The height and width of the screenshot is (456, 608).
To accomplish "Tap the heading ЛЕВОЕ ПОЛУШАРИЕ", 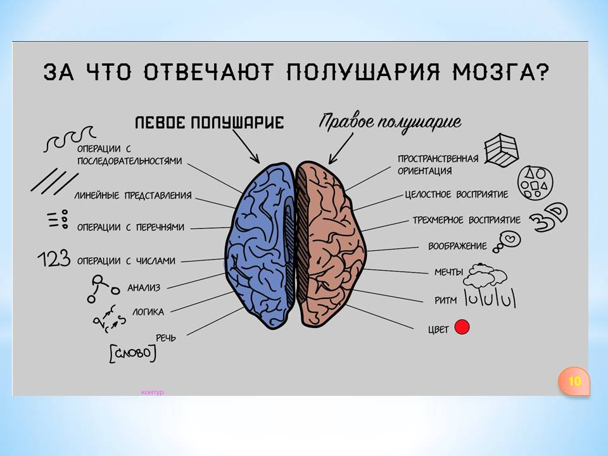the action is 210,122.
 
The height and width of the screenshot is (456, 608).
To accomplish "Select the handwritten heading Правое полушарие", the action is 390,123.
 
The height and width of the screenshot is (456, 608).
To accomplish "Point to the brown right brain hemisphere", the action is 329,244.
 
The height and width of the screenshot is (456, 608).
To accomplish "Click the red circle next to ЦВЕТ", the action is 462,327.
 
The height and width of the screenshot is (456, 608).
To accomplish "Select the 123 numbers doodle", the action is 54,258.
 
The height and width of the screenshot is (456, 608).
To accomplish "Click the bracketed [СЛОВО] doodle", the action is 132,353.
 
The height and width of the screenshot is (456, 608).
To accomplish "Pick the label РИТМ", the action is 445,300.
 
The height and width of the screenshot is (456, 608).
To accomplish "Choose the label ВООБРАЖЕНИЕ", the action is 457,246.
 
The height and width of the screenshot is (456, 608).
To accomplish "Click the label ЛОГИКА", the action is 148,312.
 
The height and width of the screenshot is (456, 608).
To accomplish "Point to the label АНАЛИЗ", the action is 144,288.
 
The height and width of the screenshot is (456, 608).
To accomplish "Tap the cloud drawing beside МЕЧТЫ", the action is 485,275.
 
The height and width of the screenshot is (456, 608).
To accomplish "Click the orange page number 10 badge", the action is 574,381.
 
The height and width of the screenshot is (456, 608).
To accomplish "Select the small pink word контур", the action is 153,393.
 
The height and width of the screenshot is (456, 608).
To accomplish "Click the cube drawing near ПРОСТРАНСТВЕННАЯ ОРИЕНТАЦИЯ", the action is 502,150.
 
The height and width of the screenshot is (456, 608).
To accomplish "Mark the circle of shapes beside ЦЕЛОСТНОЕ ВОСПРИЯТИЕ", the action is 535,182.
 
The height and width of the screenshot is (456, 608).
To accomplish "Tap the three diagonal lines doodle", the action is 54,181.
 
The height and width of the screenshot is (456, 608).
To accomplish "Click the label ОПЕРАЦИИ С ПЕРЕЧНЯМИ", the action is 130,227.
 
